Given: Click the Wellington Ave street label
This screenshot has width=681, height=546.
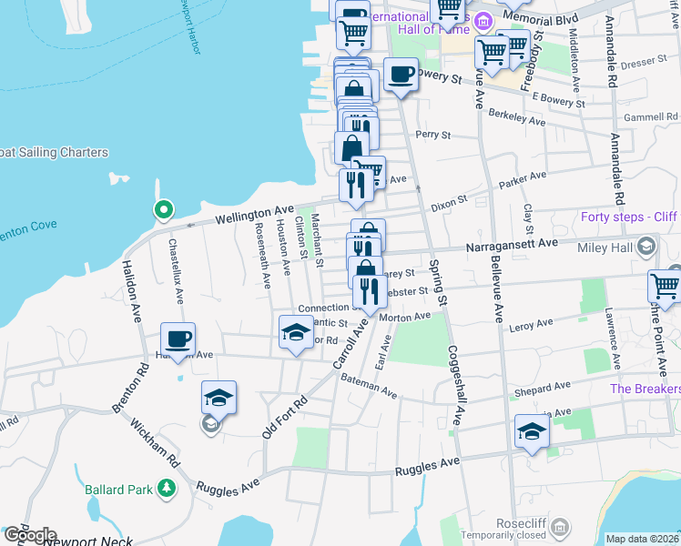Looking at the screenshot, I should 255,215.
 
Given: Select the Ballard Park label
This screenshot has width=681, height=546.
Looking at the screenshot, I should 118,490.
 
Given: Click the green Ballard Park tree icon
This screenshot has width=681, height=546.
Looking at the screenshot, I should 167,490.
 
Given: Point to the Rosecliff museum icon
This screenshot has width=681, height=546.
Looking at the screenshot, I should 561,527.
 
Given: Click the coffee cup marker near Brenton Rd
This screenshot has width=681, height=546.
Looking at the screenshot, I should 178,339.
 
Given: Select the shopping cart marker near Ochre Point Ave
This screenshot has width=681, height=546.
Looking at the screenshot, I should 666,286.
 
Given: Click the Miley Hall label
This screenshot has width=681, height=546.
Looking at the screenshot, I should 609,247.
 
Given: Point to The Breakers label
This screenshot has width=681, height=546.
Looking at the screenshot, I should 645,389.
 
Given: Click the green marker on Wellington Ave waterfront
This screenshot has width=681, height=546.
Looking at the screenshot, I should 163,211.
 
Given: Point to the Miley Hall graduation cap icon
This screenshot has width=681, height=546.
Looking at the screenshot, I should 646,247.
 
